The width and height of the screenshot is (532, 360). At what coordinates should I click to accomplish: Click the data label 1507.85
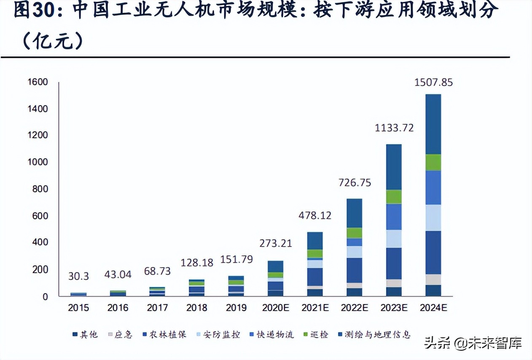[x=433, y=82]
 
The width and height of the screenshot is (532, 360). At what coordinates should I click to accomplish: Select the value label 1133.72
[x=394, y=128]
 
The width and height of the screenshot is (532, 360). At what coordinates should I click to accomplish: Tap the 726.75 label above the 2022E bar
[x=355, y=183]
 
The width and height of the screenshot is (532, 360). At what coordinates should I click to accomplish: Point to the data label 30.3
[x=79, y=276]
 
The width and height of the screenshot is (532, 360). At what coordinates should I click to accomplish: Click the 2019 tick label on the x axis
[x=236, y=308]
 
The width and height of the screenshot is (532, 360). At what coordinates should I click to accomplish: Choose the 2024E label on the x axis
[x=433, y=308]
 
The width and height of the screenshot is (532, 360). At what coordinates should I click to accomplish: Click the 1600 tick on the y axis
[x=38, y=82]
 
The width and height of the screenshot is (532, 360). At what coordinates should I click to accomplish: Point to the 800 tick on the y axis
[x=40, y=189]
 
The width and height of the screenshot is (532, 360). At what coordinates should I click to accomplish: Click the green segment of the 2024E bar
[x=433, y=162]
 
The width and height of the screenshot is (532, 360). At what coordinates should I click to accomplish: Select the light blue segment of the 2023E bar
[x=394, y=239]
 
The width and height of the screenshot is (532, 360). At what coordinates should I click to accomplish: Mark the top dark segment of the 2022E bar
[x=355, y=213]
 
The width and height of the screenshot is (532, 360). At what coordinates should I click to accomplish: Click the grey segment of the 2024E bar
[x=433, y=279]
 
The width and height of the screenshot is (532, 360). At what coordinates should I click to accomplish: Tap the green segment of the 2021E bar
[x=315, y=253]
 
